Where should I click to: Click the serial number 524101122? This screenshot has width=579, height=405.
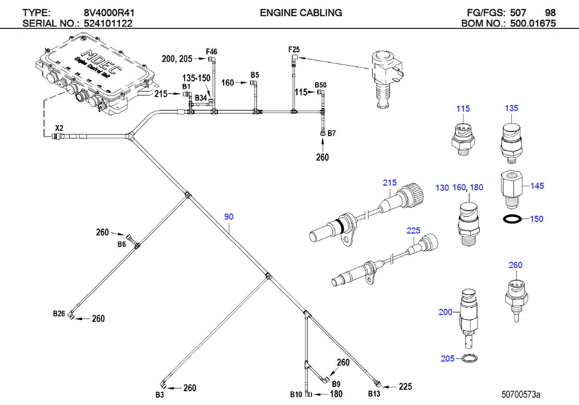click(108, 23)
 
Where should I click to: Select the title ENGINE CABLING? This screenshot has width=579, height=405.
click(301, 13)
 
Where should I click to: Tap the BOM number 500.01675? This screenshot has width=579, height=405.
click(533, 23)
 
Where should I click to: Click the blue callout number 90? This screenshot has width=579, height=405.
click(229, 217)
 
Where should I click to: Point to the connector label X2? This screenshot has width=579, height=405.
click(59, 128)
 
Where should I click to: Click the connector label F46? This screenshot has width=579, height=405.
click(211, 52)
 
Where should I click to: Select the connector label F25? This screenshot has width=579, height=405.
click(294, 49)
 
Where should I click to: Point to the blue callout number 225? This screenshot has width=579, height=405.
click(413, 230)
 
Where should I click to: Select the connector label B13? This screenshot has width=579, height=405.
click(374, 394)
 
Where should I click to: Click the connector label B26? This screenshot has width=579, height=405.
click(59, 313)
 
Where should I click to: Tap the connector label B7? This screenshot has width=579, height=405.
click(331, 133)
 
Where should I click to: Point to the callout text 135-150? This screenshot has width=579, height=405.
click(196, 78)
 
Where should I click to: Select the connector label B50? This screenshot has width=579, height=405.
click(320, 85)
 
